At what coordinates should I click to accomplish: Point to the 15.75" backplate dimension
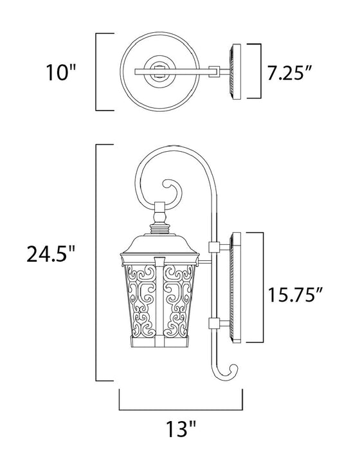point(296,295)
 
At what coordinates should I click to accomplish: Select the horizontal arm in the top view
point(193,69)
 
